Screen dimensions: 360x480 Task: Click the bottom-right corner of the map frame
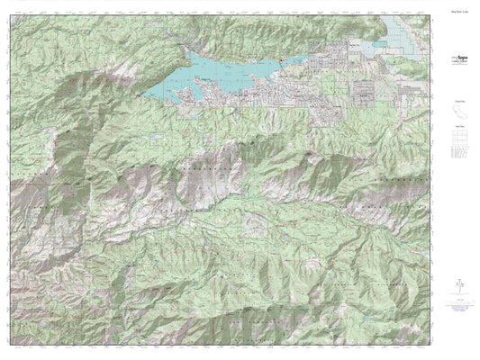435,348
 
